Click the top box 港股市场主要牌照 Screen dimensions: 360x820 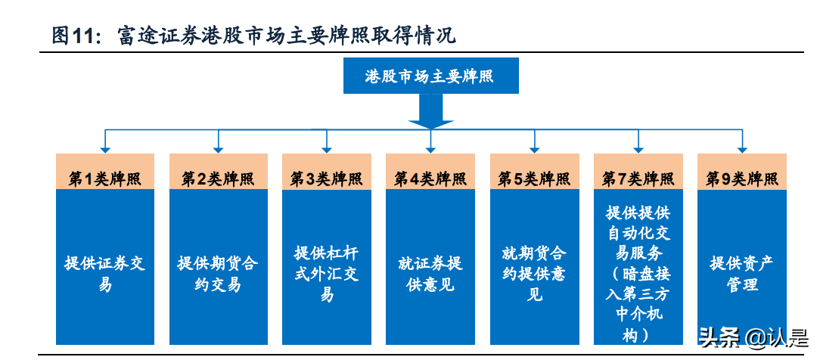click(430, 76)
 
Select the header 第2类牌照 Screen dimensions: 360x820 click(218, 178)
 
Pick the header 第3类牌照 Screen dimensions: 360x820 click(326, 178)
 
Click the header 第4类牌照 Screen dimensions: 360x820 click(430, 178)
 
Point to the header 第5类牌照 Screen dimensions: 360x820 click(534, 178)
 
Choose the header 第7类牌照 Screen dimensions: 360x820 click(638, 178)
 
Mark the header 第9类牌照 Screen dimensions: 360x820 click(741, 178)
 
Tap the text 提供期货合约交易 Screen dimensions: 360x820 click(218, 274)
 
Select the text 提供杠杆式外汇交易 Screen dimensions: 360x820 click(326, 273)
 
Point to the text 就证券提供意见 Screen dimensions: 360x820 click(430, 274)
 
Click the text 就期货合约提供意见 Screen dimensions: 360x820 click(534, 273)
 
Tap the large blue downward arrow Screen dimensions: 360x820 click(430, 113)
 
